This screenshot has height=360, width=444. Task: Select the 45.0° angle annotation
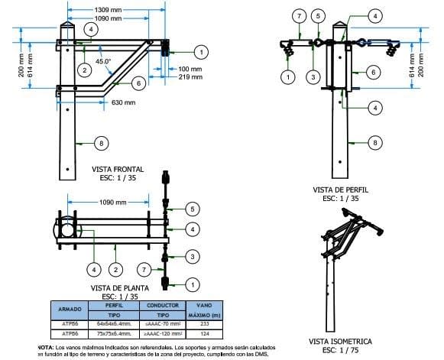[104, 60]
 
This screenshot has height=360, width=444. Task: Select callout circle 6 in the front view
[138, 83]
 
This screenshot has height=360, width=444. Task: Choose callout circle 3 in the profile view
[312, 76]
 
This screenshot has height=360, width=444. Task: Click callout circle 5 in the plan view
[193, 209]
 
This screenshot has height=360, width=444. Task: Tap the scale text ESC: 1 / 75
[340, 350]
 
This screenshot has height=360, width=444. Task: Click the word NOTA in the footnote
[46, 347]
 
